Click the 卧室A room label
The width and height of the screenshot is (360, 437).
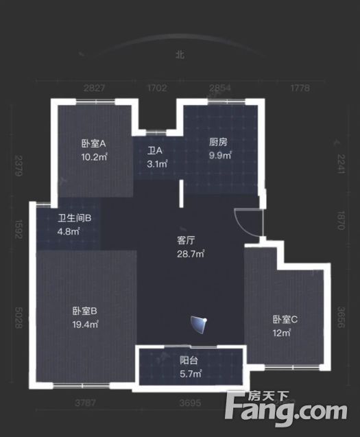94,143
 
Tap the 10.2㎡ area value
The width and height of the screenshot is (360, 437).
95,157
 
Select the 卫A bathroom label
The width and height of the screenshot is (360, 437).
155,150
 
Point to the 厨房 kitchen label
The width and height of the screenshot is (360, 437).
218,142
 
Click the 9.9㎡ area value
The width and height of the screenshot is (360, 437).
220,155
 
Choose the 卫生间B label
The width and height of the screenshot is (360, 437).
74,218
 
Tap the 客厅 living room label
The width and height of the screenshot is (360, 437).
186,240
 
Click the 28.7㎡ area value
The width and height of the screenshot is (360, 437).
191,254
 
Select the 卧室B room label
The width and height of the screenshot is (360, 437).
85,311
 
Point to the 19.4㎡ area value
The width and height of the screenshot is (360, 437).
85,324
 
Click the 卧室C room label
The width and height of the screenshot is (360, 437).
285,320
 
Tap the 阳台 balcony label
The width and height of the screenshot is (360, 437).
189,360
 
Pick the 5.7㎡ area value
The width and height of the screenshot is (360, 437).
191,374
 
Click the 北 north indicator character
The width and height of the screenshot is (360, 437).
180,54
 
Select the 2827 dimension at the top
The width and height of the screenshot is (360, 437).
95,88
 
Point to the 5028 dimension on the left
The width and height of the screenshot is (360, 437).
19,318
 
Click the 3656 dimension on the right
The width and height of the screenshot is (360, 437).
341,317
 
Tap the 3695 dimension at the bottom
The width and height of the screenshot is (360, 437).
191,403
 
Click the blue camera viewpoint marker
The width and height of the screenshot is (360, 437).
200,325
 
